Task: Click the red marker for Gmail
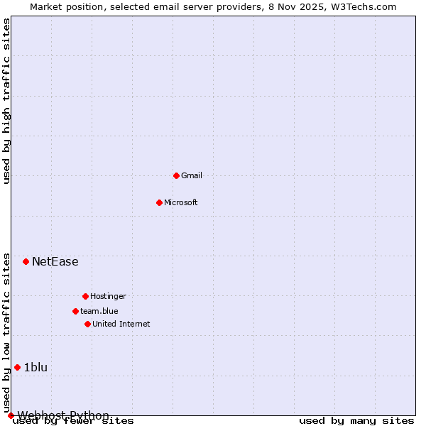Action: tap(176, 175)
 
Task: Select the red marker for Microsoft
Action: tap(159, 202)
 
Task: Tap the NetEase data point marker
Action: tap(26, 261)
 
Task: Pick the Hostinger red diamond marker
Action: tap(85, 296)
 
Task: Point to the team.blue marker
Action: tap(75, 311)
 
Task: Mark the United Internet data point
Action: tap(87, 324)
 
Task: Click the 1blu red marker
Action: tap(17, 367)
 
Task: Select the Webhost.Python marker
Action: tap(11, 415)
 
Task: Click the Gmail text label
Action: tap(192, 175)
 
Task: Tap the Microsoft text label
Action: tap(181, 202)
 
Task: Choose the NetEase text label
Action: tap(55, 261)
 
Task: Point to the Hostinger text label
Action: tap(108, 296)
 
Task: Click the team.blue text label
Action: tap(99, 311)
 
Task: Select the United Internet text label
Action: tap(121, 324)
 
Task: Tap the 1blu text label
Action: tap(35, 367)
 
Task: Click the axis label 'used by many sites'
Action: tap(356, 421)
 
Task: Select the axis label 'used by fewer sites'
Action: tap(74, 421)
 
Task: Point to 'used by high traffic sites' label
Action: tap(7, 101)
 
